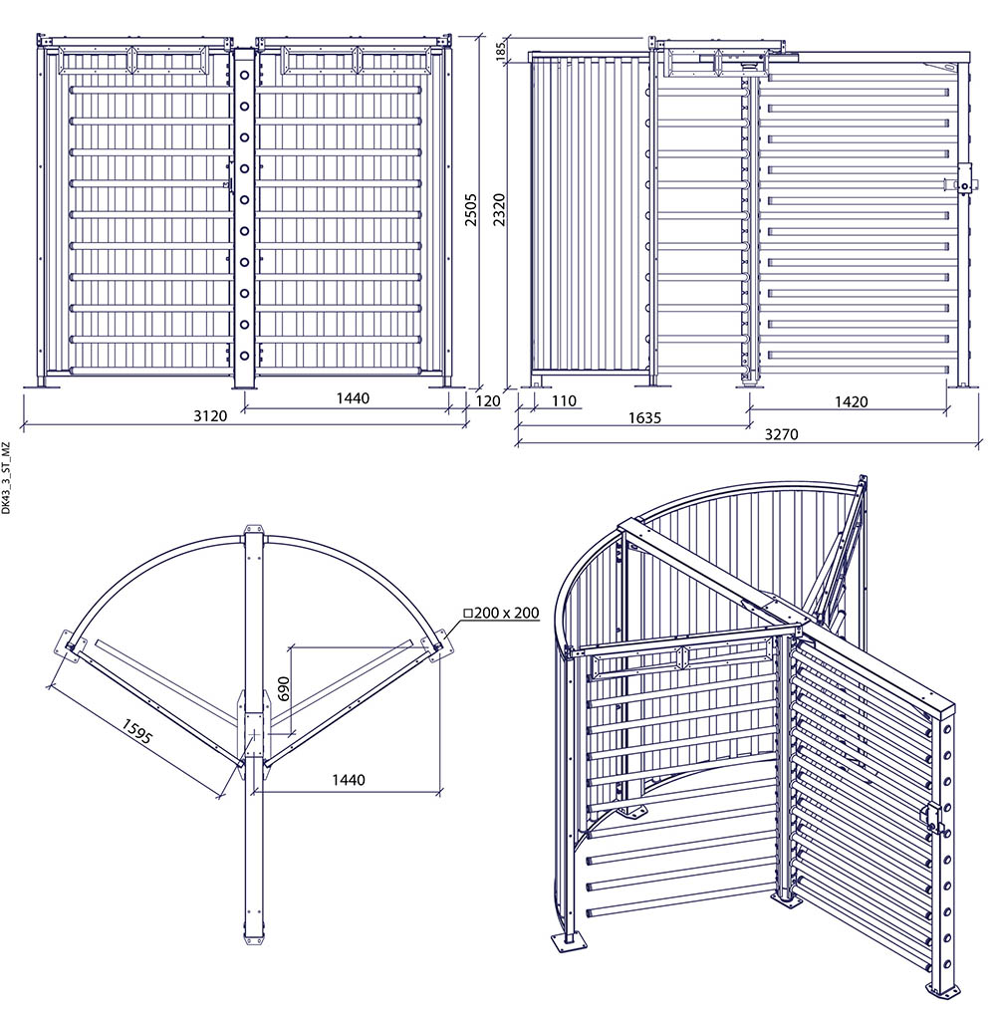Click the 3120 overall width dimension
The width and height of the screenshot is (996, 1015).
[x=210, y=415]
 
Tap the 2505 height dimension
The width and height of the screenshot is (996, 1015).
[x=471, y=209]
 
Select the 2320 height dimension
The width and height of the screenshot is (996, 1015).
[x=499, y=209]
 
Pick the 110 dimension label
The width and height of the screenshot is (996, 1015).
[x=564, y=401]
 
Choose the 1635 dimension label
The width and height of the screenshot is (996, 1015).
[x=644, y=418]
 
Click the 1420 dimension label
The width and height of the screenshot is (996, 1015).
[x=851, y=402]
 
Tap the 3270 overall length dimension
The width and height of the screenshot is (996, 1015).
[x=781, y=434]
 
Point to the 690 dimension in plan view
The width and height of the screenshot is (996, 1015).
[x=284, y=688]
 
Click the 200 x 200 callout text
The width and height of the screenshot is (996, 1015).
[x=502, y=613]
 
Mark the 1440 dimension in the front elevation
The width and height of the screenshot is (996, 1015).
[x=352, y=398]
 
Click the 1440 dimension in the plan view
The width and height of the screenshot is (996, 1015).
[x=349, y=780]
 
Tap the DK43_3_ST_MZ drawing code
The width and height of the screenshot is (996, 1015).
[x=6, y=478]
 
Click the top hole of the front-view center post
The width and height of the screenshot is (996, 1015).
[x=245, y=75]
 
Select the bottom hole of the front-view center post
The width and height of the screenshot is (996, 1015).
[x=245, y=356]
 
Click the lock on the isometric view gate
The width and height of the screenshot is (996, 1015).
[x=936, y=817]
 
